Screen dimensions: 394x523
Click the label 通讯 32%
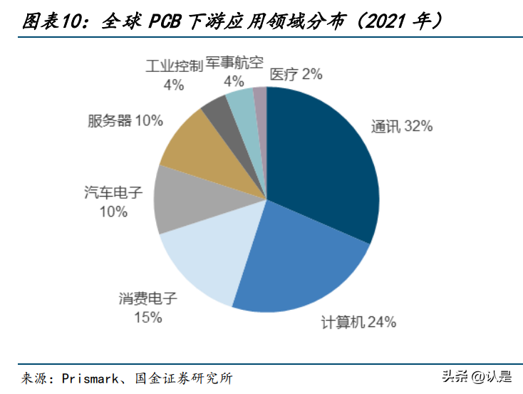coord(401,127)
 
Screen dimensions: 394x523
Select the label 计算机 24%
coord(357,323)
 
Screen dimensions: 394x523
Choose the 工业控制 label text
coord(173,66)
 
